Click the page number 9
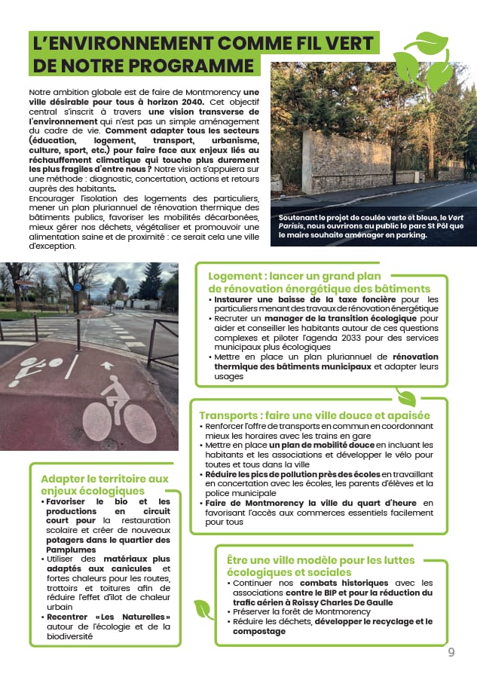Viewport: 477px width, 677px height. pyautogui.click(x=451, y=652)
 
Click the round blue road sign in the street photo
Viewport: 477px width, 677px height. pyautogui.click(x=78, y=288)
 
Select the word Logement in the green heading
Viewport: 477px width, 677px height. pyautogui.click(x=234, y=276)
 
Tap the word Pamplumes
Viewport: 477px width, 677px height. pyautogui.click(x=69, y=550)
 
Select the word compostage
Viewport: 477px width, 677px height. pyautogui.click(x=260, y=631)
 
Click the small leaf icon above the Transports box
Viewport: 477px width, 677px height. pyautogui.click(x=406, y=397)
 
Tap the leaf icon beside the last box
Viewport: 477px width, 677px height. pyautogui.click(x=203, y=608)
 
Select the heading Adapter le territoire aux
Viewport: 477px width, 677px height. pyautogui.click(x=105, y=479)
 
